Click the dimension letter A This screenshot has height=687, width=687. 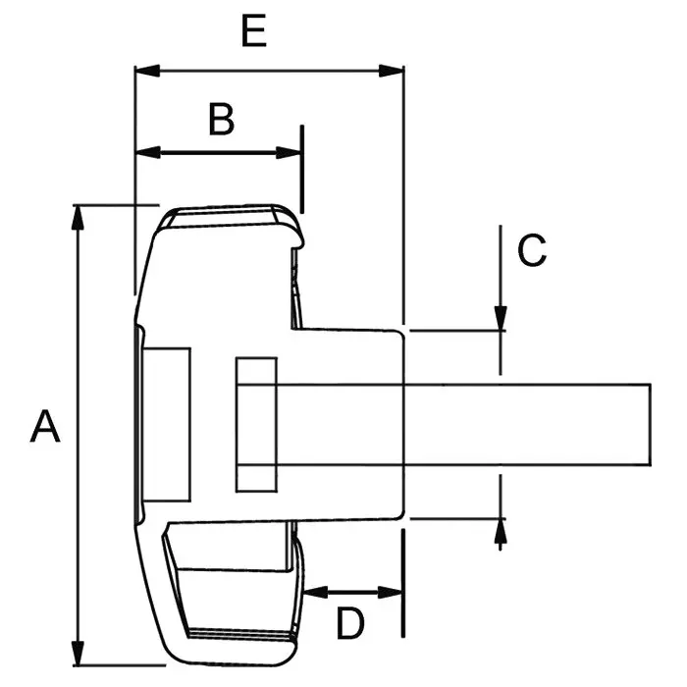click(45, 426)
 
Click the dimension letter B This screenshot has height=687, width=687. click(221, 119)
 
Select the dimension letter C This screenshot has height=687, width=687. click(532, 250)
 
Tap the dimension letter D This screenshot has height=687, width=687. click(350, 623)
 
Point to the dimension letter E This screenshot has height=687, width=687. click(253, 30)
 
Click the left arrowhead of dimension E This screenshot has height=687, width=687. click(147, 71)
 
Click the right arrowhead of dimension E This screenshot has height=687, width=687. click(391, 71)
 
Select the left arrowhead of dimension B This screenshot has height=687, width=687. click(148, 153)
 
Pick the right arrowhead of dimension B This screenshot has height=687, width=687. click(289, 153)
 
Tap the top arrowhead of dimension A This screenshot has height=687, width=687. click(78, 217)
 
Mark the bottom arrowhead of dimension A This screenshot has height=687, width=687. click(78, 654)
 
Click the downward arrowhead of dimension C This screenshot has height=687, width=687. click(501, 318)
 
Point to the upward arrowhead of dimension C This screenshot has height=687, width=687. click(501, 532)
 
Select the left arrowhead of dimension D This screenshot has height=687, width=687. click(315, 593)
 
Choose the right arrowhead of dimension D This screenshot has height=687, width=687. click(390, 593)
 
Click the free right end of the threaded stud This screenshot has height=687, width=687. click(650, 425)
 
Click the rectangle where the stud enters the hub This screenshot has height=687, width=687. click(256, 425)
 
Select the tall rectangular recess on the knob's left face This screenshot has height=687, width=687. click(167, 425)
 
